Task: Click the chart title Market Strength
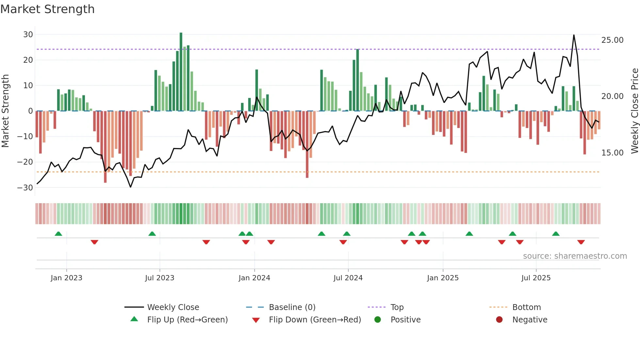point(47,9)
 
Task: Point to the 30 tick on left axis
point(28,35)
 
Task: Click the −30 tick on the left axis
point(25,188)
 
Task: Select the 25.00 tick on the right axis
point(612,40)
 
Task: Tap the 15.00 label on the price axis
point(612,153)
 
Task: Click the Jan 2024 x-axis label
point(254,278)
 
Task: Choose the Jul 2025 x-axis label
point(536,278)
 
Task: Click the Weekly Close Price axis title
point(634,111)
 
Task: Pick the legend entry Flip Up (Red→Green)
point(187,320)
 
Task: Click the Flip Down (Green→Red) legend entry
point(314,320)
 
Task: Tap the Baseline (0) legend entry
point(292,307)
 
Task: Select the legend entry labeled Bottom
point(526,307)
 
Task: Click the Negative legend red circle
point(499,320)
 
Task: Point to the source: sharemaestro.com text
point(575,256)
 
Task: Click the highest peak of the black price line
point(574,35)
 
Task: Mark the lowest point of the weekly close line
point(131,187)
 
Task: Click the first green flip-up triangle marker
point(58,234)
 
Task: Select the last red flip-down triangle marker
point(581,242)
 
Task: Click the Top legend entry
point(397,307)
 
